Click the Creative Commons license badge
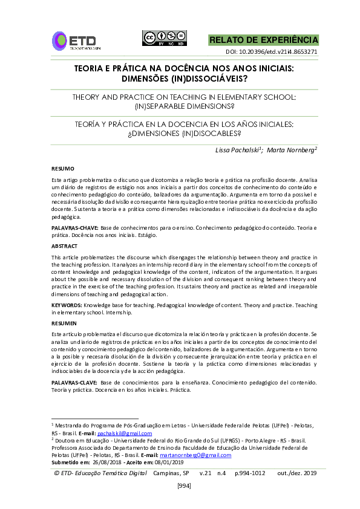pyautogui.click(x=163, y=37)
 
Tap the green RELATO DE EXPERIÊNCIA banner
pyautogui.click(x=263, y=40)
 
